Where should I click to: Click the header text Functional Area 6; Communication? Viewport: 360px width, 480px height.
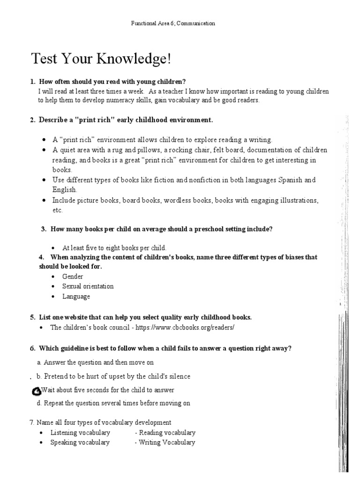point(173,23)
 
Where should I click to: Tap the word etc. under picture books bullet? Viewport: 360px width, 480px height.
point(57,210)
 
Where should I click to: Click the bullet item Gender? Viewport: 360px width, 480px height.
point(73,277)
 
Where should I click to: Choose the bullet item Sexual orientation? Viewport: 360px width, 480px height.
point(88,286)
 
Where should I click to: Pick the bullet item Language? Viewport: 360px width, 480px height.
point(76,296)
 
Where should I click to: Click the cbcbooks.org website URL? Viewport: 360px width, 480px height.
point(185,328)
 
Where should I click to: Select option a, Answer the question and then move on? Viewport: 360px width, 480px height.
point(95,362)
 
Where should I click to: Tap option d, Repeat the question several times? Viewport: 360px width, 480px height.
point(113,403)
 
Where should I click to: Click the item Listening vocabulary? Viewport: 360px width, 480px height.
point(80,433)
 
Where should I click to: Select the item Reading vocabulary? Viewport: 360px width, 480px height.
point(167,433)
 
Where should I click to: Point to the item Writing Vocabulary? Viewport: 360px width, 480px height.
point(167,442)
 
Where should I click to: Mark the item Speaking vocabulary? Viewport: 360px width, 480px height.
point(80,442)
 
